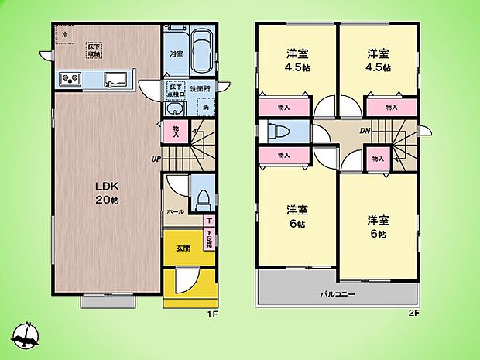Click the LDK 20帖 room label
click(106, 193)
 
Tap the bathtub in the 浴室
click(203, 50)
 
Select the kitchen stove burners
click(68, 80)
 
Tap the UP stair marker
click(156, 159)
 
